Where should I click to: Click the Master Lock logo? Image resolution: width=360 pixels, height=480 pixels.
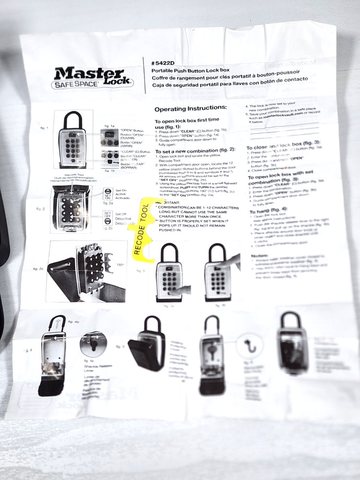[x=91, y=75]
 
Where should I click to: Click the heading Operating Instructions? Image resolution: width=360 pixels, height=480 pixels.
[x=190, y=108]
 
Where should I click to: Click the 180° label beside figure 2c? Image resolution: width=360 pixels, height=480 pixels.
[x=120, y=264]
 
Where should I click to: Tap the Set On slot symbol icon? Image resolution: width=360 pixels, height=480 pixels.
[x=108, y=193]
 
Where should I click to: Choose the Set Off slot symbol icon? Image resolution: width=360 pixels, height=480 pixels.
[x=108, y=216]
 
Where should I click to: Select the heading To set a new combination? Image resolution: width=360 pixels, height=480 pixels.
[x=195, y=151]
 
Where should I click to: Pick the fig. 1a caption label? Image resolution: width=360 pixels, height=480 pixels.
[x=110, y=126]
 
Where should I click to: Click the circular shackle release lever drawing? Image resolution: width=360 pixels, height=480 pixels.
[x=92, y=343]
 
